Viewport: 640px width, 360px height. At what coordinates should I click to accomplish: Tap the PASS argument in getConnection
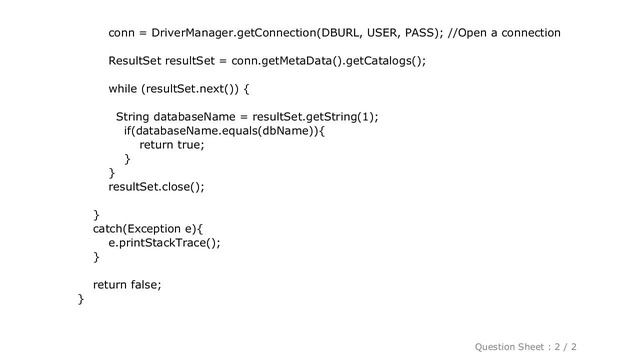(420, 33)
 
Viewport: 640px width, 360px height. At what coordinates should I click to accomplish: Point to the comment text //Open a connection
(504, 33)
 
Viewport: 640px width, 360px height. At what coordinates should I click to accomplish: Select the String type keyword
(135, 117)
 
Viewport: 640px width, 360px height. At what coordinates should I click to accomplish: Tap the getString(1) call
(340, 117)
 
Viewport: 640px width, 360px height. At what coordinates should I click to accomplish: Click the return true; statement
(171, 145)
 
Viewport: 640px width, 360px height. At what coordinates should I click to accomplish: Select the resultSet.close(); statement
(156, 186)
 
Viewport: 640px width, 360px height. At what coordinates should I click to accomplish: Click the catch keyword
(111, 228)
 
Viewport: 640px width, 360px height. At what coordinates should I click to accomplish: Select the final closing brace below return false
(81, 299)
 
